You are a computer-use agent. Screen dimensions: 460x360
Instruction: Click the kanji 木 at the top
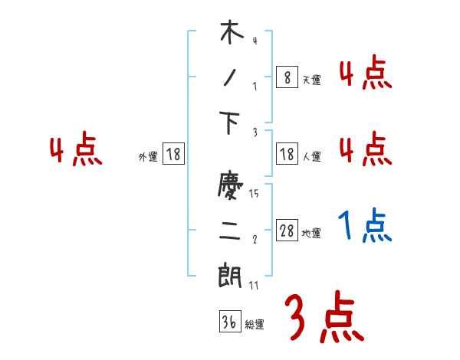[x=232, y=34]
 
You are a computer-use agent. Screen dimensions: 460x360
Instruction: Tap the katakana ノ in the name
[x=232, y=80]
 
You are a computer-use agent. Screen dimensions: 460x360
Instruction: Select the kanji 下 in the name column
[x=232, y=125]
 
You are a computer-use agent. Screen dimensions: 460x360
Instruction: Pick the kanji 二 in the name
[x=232, y=232]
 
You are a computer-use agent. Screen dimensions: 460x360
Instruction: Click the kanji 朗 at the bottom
[x=232, y=277]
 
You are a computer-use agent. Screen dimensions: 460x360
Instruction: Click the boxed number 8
[x=287, y=77]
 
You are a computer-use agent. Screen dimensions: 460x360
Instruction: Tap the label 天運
[x=311, y=80]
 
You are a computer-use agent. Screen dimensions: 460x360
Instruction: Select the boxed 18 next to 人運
[x=287, y=154]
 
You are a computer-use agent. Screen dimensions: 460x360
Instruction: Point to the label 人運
[x=311, y=156]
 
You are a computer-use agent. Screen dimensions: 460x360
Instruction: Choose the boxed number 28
[x=287, y=231]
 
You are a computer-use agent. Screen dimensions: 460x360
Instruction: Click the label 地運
[x=311, y=233]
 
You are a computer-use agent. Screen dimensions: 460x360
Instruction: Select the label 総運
[x=255, y=324]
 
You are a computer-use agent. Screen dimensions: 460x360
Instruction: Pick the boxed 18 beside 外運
[x=174, y=154]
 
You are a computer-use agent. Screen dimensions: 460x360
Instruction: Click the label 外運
[x=148, y=156]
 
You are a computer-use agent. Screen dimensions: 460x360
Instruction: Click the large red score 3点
[x=324, y=317]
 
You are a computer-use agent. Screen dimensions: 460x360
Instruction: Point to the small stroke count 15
[x=254, y=194]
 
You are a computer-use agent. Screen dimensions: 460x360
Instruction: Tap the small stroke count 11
[x=254, y=285]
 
